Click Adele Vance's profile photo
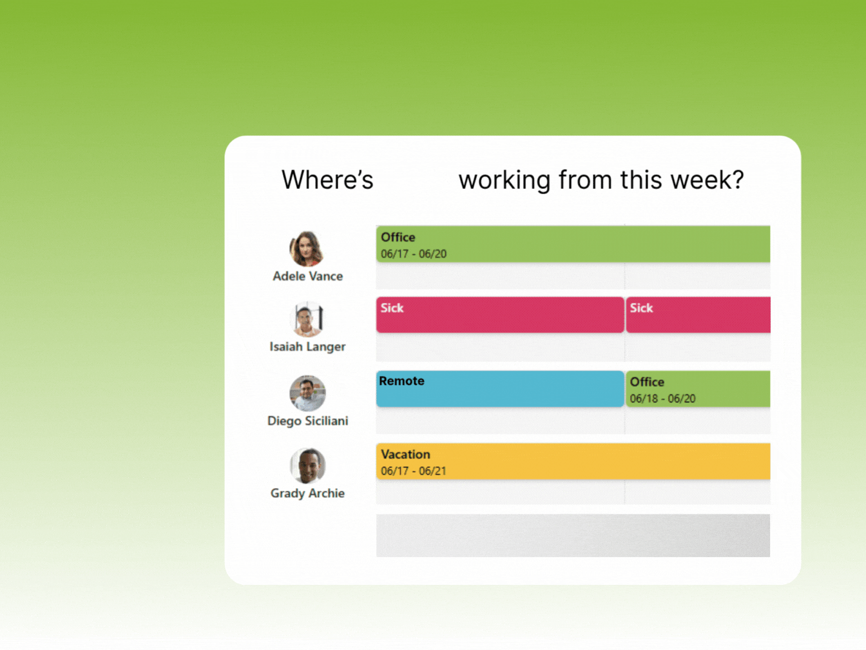307,249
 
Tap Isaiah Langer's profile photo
308,319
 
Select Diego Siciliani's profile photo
307,393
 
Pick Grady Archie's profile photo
307,466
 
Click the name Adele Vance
307,276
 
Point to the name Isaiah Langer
307,347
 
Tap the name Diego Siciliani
307,421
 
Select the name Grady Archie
307,493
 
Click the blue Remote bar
500,389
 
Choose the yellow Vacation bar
573,462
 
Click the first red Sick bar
500,315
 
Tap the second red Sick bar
698,315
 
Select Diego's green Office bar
698,389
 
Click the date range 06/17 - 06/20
414,254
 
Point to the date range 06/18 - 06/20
662,399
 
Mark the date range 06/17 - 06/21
414,471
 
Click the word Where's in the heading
327,180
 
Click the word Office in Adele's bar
398,237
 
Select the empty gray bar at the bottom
573,535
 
